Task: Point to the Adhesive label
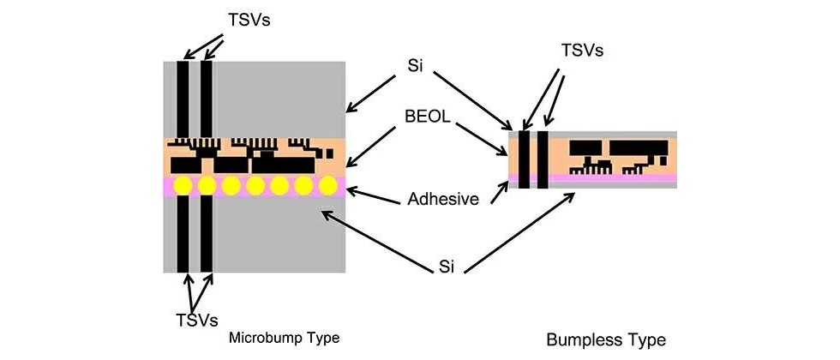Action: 440,200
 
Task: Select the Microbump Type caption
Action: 284,338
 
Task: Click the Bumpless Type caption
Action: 605,339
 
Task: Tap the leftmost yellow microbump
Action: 182,186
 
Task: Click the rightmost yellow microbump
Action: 327,186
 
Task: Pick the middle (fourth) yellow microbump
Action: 255,186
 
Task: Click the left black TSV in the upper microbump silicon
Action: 182,99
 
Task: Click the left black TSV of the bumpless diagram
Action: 525,159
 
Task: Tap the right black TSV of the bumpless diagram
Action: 542,159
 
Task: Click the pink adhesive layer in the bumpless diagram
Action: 617,178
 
